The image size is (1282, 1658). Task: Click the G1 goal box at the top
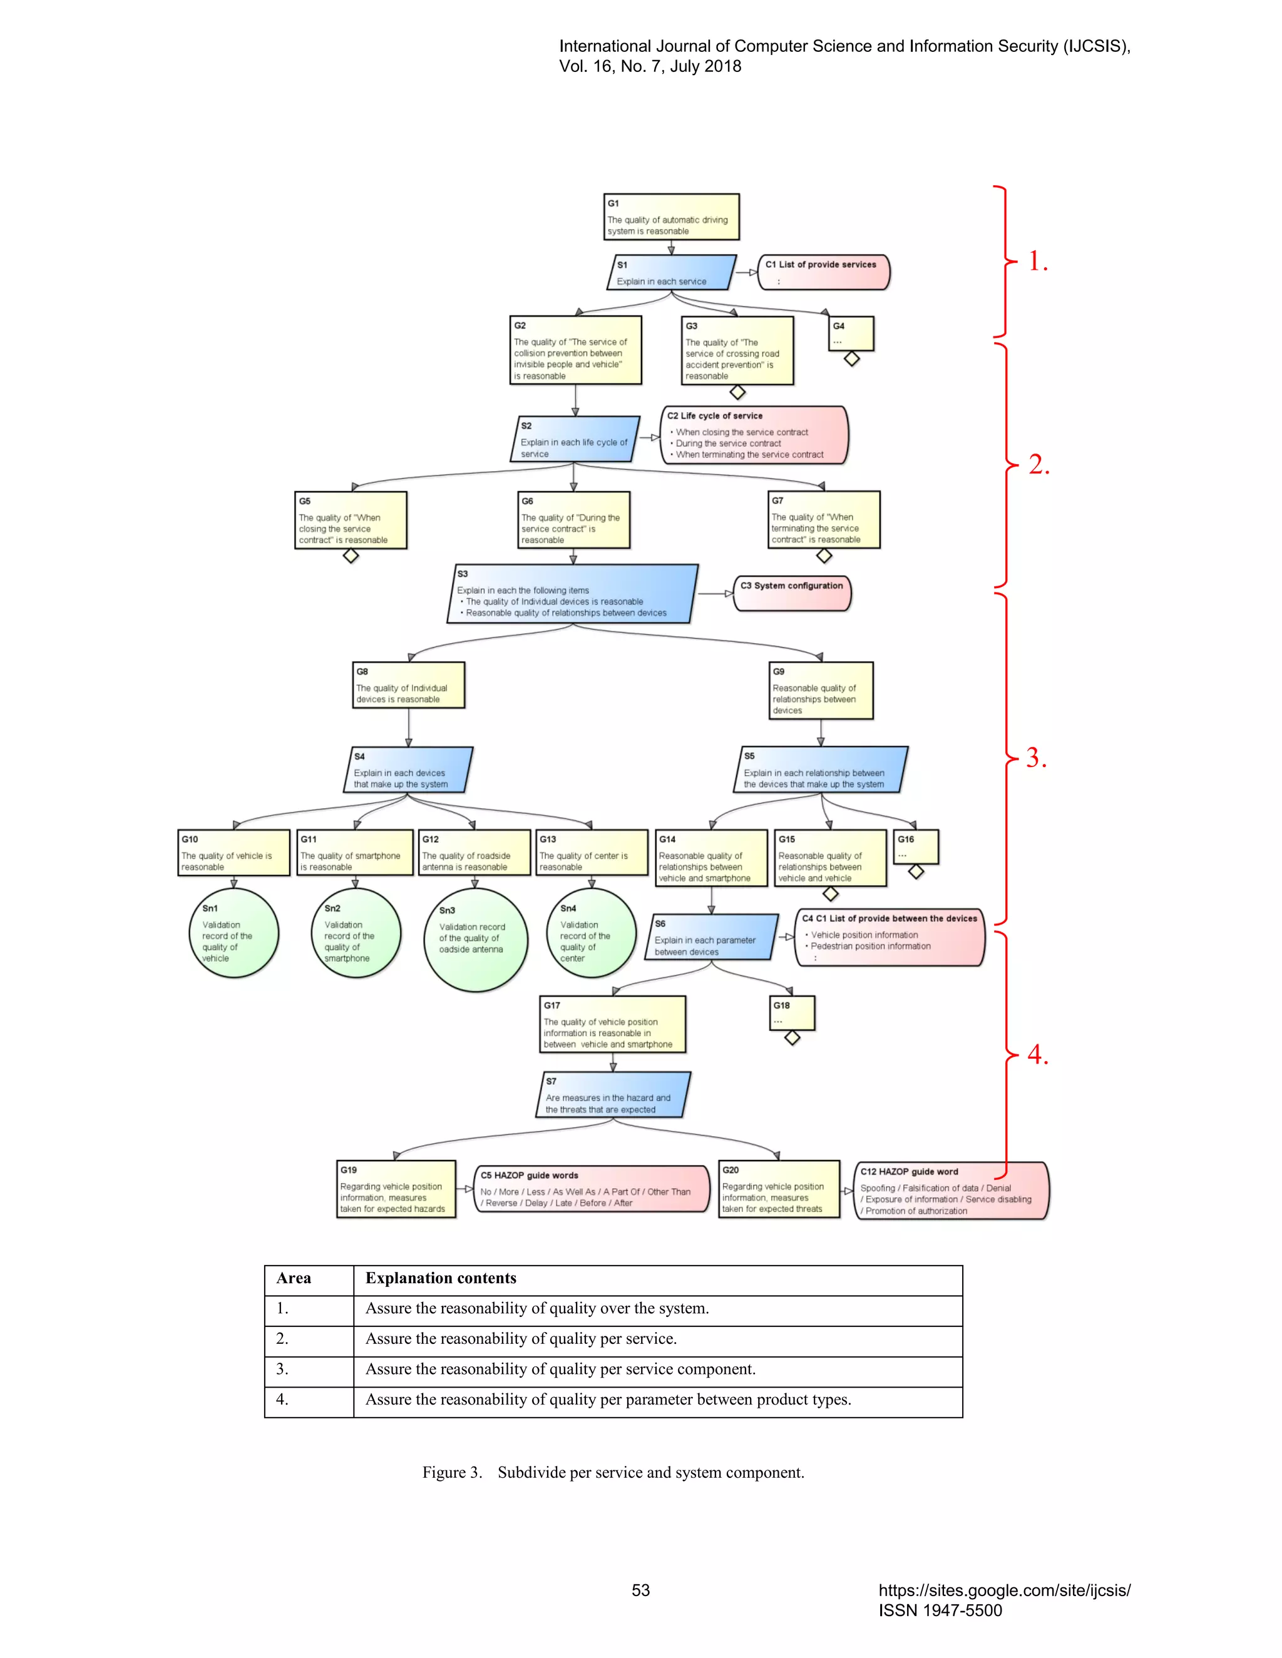coord(672,217)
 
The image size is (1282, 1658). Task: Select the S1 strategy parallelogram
coord(672,273)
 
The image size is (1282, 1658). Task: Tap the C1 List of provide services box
coord(823,272)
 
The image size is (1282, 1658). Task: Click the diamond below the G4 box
coord(851,359)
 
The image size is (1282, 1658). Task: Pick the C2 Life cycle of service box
coord(754,435)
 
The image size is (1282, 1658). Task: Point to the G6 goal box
coord(574,520)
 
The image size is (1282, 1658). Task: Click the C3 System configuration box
coord(792,593)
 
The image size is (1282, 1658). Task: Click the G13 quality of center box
coord(592,853)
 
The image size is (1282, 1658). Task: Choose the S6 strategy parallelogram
coord(711,938)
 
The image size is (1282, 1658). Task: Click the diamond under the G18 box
coord(792,1038)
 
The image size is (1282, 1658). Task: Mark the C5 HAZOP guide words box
coord(592,1189)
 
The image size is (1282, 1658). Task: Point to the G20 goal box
coord(779,1189)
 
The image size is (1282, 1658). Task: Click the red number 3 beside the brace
coord(1036,758)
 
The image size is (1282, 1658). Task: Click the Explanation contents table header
coord(441,1278)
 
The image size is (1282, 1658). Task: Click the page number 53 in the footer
coord(641,1590)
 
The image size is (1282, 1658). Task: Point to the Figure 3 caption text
coord(613,1472)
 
